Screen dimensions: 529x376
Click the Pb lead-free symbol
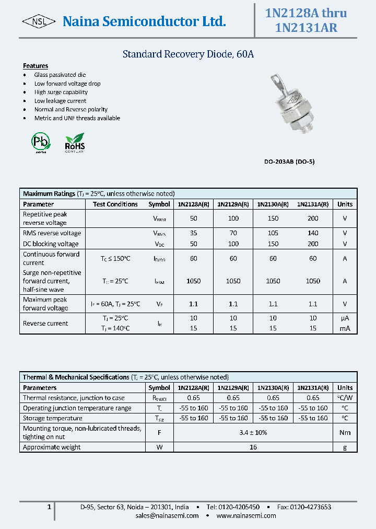[x=40, y=142]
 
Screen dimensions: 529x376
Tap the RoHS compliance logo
[x=75, y=142]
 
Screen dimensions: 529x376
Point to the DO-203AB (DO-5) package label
[x=289, y=162]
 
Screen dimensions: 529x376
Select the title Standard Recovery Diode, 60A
[x=188, y=54]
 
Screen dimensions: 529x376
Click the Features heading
[x=36, y=66]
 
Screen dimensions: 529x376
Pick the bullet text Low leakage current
[x=60, y=101]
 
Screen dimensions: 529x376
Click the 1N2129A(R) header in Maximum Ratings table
[x=233, y=204]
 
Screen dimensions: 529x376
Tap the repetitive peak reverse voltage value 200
[x=313, y=218]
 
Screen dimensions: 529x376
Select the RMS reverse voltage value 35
[x=193, y=233]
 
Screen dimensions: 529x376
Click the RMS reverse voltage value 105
[x=273, y=233]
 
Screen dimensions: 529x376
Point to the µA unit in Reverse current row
[x=345, y=318]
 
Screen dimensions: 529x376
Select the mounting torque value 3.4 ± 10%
[x=253, y=432]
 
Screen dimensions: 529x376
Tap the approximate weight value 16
[x=253, y=447]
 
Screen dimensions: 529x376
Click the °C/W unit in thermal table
[x=345, y=398]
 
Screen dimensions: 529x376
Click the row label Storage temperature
[x=53, y=418]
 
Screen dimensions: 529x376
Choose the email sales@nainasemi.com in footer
[x=167, y=515]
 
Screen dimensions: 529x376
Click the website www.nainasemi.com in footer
[x=246, y=515]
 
